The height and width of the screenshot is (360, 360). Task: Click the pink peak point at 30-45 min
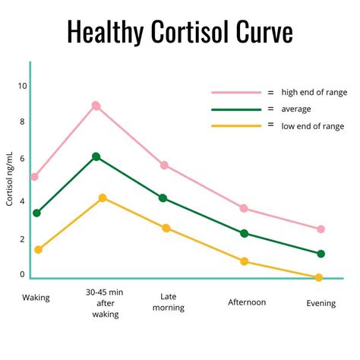(96, 106)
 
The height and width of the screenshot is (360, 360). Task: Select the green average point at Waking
(36, 213)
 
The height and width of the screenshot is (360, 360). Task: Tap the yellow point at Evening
(318, 277)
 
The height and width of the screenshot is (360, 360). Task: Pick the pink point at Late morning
(164, 165)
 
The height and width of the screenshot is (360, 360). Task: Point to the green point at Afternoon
(244, 233)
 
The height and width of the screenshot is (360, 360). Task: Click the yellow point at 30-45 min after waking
(103, 197)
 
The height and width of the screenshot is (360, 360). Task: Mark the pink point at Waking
(34, 177)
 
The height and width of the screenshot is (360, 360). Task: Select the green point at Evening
(321, 254)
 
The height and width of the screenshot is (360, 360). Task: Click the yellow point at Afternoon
(244, 261)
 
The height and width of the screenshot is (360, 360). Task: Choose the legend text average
(296, 109)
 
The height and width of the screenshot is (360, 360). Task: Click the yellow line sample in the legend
(236, 125)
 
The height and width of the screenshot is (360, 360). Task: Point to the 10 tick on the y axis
(22, 86)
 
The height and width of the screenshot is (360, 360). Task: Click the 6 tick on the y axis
(22, 158)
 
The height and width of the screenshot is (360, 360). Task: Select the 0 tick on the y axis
(22, 274)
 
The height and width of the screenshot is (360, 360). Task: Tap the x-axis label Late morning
(168, 302)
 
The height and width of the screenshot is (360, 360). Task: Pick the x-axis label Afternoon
(247, 302)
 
